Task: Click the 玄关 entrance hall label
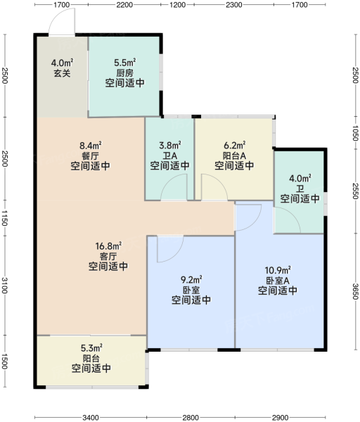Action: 62,73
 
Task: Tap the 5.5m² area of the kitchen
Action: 125,63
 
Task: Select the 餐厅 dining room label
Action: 90,156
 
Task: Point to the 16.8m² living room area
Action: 108,245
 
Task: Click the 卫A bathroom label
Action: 169,156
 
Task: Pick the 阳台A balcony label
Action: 234,155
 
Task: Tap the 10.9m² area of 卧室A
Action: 278,270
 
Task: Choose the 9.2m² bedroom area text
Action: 191,280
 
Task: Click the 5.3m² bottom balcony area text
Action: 91,348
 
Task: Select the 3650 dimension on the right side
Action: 355,291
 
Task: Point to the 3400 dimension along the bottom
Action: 91,418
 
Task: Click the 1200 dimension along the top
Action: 178,5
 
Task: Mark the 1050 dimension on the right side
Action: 355,133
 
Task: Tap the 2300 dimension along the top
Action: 234,5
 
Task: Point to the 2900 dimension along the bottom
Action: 280,418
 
